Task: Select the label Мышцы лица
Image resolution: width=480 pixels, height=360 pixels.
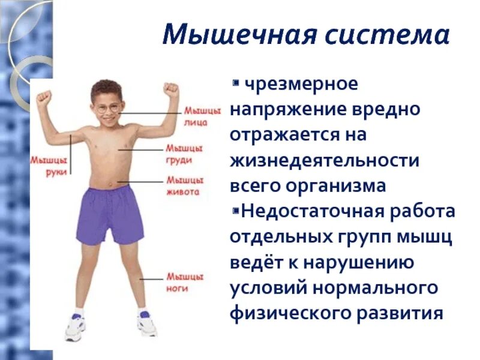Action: (196, 116)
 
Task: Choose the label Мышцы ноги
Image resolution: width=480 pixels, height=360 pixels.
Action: (184, 283)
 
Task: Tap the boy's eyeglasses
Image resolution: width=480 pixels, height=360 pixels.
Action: (109, 109)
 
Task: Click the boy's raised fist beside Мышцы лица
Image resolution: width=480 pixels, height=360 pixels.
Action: (172, 90)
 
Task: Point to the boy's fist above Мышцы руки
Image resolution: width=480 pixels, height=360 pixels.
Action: (43, 98)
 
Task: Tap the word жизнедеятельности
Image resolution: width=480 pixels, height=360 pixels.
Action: (323, 160)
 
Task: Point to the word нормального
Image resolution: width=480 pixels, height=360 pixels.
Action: (374, 287)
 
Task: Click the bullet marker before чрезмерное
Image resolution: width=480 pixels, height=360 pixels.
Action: (236, 81)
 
